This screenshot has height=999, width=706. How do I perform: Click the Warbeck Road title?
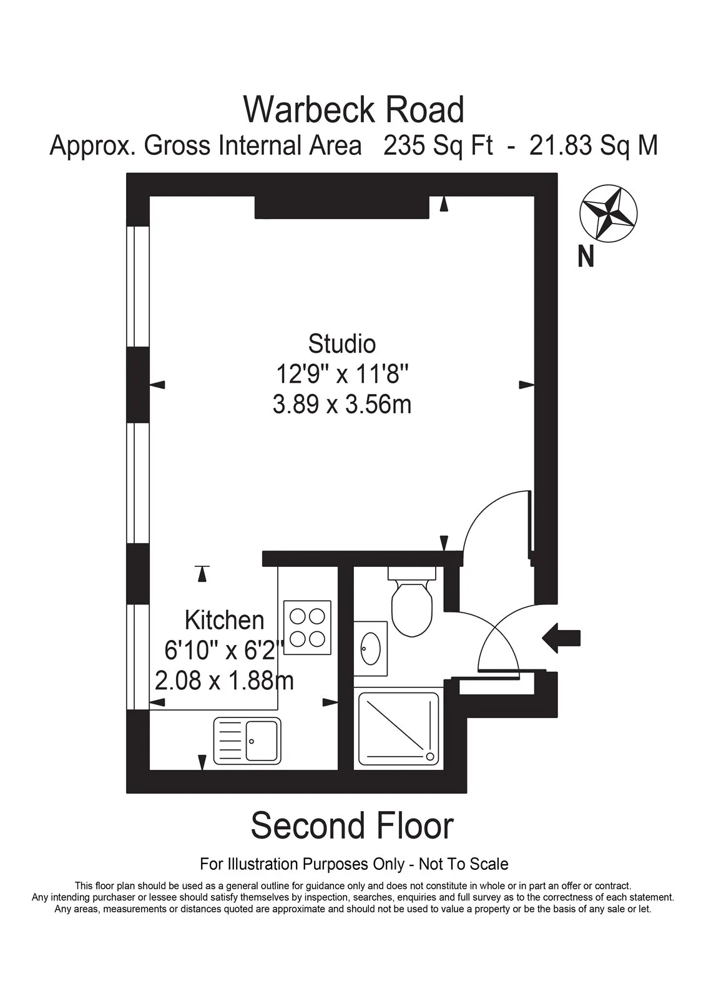353,110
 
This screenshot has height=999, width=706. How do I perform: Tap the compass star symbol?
609,215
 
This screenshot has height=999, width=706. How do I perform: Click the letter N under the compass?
586,257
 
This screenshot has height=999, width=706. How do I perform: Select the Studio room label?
342,345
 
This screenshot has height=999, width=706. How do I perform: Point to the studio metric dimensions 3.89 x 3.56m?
342,405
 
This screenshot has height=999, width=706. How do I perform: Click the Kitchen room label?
224,620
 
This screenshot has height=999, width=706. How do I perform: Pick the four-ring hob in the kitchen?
307,627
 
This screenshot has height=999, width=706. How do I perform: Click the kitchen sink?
248,741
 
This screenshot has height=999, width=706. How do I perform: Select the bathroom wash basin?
371,649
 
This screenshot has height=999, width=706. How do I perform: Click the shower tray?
399,728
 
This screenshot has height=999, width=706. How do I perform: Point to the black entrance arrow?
561,638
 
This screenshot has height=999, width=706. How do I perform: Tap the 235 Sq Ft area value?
438,145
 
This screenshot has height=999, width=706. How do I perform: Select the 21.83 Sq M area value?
594,145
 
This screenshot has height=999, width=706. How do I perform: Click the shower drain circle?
430,756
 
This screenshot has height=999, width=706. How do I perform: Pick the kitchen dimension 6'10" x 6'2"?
224,651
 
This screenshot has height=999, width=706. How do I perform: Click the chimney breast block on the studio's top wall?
341,207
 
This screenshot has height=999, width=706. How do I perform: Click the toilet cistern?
411,573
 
